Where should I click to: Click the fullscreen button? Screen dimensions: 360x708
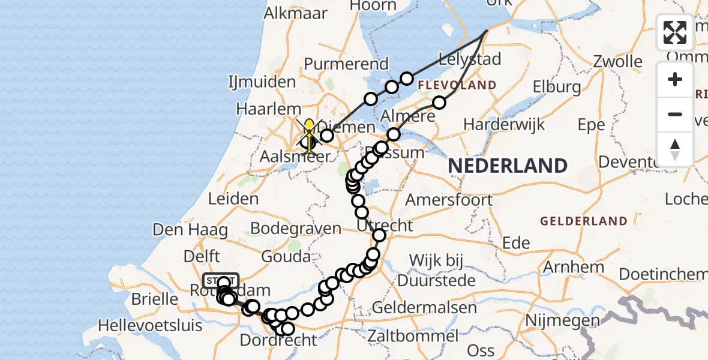(x=675, y=32)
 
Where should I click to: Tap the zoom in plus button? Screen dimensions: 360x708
(x=675, y=79)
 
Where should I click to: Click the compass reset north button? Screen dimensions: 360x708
(x=675, y=149)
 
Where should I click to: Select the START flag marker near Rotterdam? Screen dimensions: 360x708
(x=221, y=280)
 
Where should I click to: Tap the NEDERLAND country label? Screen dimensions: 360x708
(x=508, y=166)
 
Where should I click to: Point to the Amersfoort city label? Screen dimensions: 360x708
(x=449, y=199)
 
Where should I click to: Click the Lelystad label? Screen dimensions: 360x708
(x=461, y=59)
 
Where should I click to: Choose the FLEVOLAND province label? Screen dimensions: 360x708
(x=457, y=85)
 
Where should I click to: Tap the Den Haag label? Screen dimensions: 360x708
(x=190, y=229)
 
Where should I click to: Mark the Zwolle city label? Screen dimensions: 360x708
(x=617, y=61)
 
